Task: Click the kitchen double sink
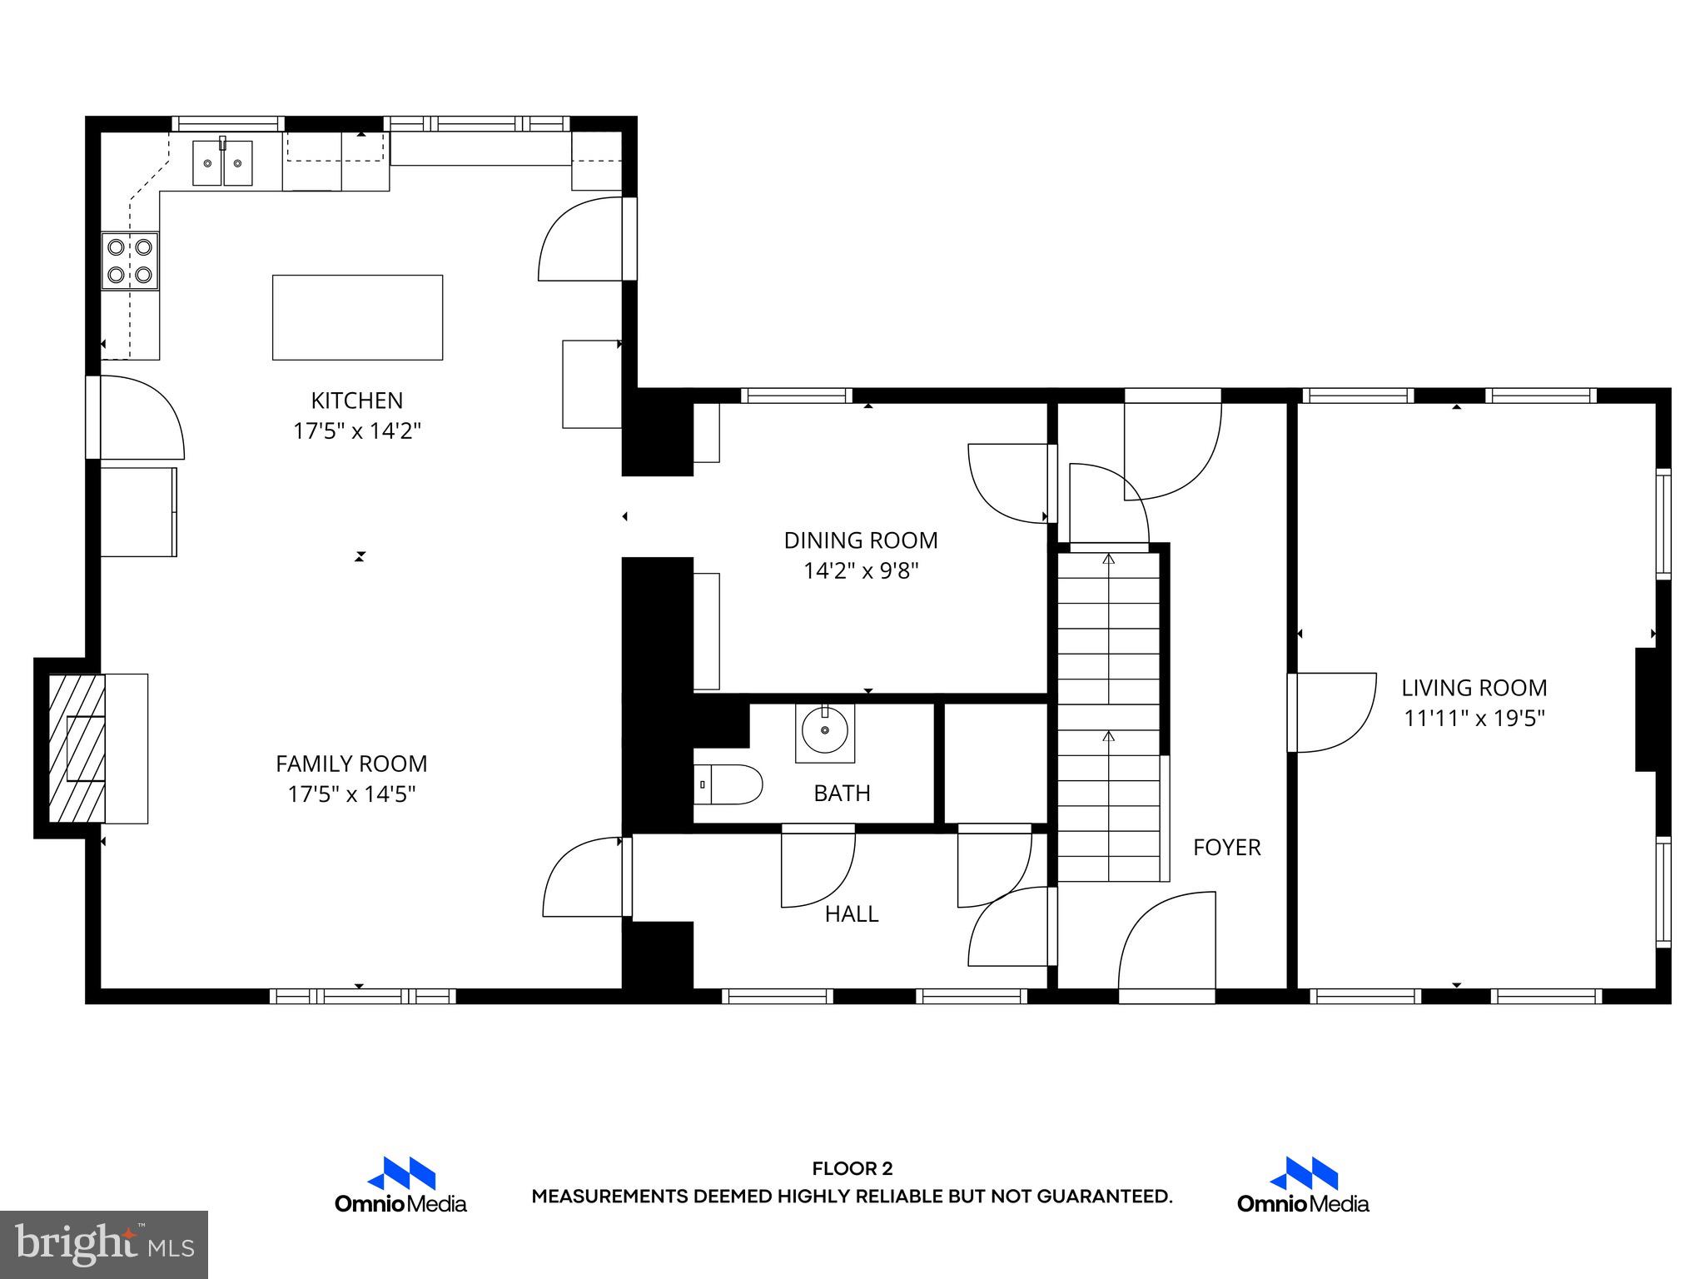(x=222, y=163)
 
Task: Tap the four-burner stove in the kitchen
(x=130, y=261)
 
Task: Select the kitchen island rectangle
(x=357, y=317)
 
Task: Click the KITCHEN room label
(x=356, y=401)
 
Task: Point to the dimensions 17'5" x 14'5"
(x=351, y=794)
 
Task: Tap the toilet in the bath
(x=728, y=784)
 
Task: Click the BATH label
(x=842, y=794)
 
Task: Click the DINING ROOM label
(x=860, y=540)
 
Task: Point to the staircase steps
(x=1108, y=716)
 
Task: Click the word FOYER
(x=1226, y=848)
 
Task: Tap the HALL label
(x=851, y=914)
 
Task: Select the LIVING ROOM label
(x=1474, y=688)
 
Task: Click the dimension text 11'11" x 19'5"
(x=1474, y=719)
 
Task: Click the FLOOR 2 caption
(x=852, y=1169)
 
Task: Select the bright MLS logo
(x=104, y=1244)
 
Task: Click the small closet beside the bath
(x=995, y=763)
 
